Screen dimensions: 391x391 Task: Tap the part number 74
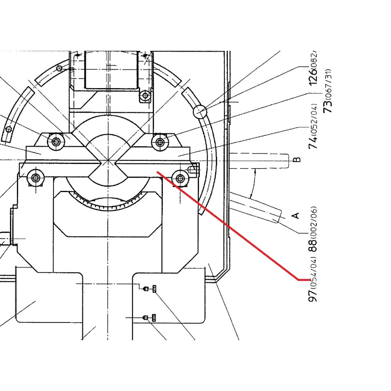coord(313,143)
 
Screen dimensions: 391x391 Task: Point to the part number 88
coord(313,246)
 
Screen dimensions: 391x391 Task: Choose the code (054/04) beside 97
coord(313,272)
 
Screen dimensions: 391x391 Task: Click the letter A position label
coord(296,215)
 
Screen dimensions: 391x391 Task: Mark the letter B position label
coord(297,159)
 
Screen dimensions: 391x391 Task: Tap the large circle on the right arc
coord(200,111)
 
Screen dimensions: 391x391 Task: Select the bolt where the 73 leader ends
coord(160,141)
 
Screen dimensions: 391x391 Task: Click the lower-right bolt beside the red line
coord(180,179)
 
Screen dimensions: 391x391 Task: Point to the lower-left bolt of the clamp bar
coord(36,178)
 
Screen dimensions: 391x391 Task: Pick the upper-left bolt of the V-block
coord(56,141)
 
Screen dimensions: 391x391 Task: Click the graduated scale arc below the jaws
coord(108,205)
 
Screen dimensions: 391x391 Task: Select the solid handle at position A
coord(256,209)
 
